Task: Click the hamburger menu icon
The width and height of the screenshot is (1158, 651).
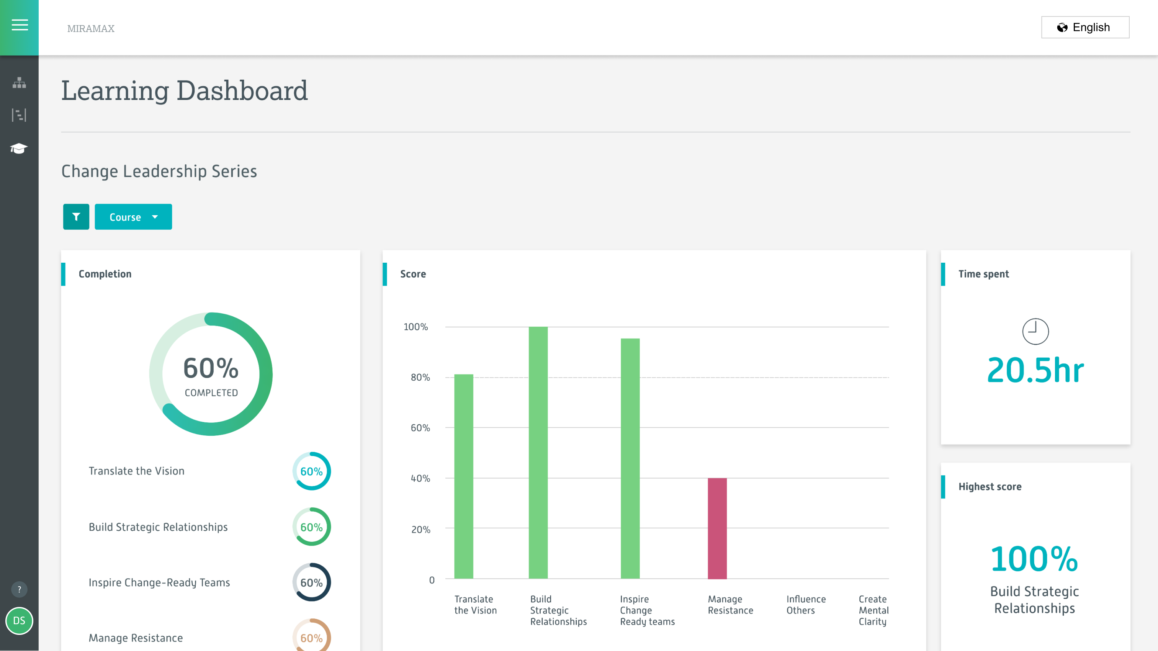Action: (19, 25)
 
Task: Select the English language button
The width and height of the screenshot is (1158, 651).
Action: (1085, 28)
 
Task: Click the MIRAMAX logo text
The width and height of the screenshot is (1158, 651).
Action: (91, 29)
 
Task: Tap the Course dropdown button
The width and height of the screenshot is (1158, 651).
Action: (133, 217)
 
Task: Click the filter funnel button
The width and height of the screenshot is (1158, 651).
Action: (76, 217)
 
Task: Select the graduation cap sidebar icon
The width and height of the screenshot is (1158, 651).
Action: (19, 148)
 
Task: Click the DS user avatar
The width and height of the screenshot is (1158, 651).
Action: (19, 621)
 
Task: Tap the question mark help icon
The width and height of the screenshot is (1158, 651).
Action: (19, 589)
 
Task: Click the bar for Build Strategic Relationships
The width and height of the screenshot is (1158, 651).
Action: (538, 452)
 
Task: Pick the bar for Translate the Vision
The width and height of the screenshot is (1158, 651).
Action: (463, 476)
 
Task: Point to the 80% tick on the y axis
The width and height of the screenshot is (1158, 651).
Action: (420, 378)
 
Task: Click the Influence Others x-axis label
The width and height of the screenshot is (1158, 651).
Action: (806, 605)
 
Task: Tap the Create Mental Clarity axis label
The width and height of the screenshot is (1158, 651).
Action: (873, 610)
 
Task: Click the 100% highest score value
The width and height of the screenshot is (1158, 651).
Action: (1034, 559)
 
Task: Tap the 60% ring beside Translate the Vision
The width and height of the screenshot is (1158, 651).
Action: (312, 471)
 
